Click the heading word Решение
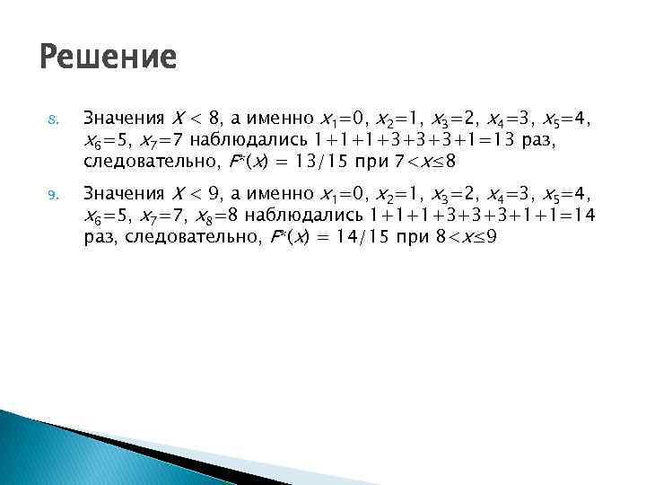[x=109, y=58]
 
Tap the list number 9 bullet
[x=52, y=194]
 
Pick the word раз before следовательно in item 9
[x=100, y=237]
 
